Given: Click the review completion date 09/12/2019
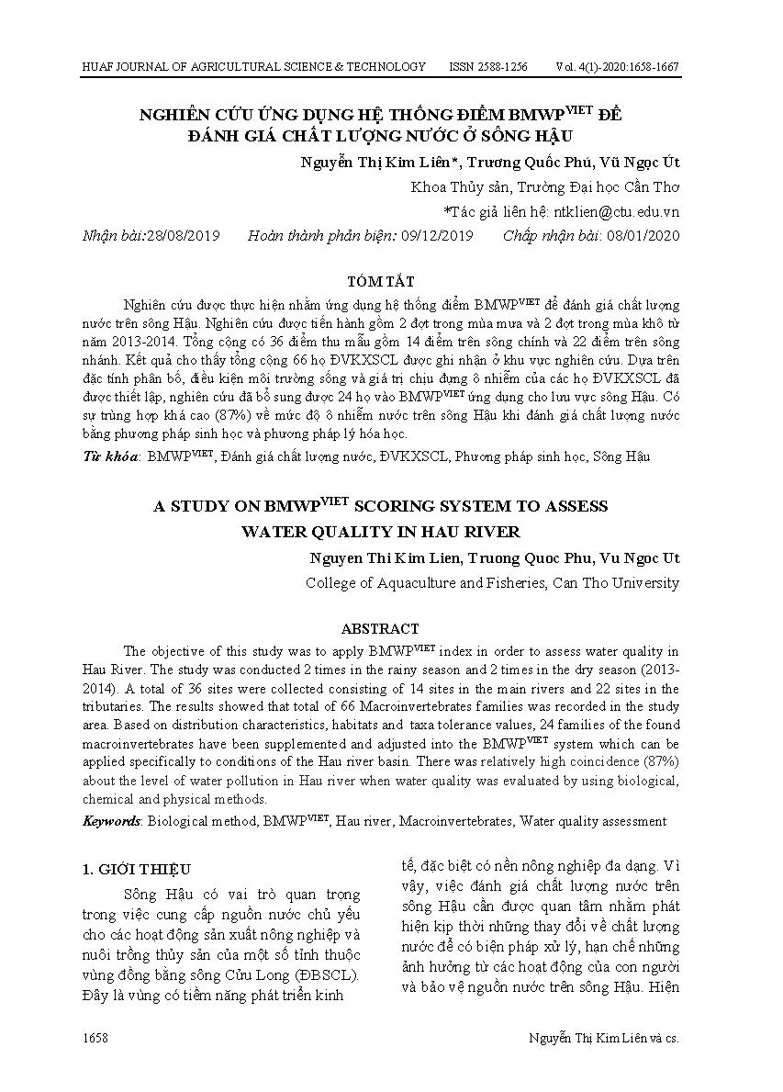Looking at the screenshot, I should point(437,236).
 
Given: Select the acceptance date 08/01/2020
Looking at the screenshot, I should point(643,236).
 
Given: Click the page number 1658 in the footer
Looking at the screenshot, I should point(95,1038).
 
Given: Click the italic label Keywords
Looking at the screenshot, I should point(112,821).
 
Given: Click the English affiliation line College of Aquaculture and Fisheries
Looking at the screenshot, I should point(492,582).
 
